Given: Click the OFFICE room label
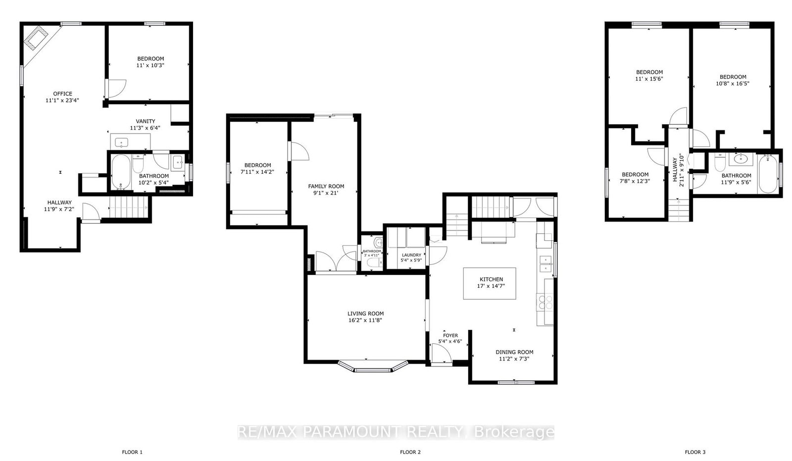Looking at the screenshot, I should (63, 93).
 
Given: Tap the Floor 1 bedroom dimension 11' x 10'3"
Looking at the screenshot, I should (150, 65).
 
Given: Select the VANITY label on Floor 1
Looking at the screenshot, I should (146, 121).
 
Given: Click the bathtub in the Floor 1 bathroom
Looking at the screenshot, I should (120, 172).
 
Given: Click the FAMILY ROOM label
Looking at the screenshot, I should (326, 186).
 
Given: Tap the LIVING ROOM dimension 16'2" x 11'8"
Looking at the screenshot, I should (365, 320).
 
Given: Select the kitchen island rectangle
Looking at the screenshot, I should (490, 283).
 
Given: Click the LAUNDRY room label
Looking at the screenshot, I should (411, 255).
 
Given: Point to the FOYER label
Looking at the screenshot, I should (450, 335).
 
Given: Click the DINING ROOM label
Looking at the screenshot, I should (514, 352).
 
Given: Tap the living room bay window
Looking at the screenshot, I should (373, 367).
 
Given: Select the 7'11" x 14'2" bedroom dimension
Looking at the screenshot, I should (257, 172).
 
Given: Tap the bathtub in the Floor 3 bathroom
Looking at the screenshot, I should (768, 174).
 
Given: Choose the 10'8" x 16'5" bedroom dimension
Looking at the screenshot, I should (733, 84).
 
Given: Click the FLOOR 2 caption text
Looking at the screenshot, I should (410, 452).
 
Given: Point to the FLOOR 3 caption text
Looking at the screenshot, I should (695, 452).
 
